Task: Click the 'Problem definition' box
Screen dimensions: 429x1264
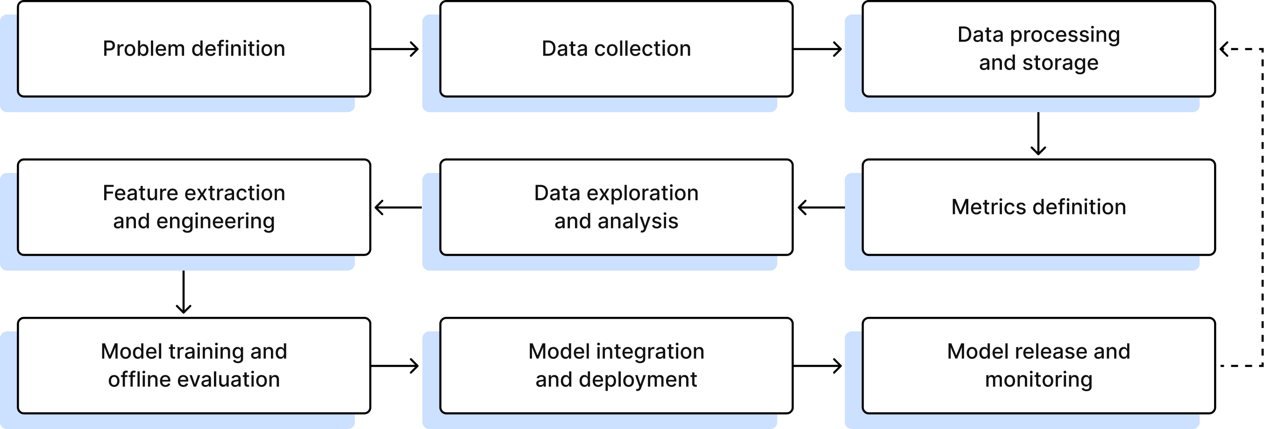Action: coord(193,49)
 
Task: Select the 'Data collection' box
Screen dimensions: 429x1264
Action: coord(616,49)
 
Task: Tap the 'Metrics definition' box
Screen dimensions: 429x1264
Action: coord(1038,207)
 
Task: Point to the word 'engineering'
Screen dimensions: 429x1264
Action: coord(215,222)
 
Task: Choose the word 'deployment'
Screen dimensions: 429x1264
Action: coord(638,380)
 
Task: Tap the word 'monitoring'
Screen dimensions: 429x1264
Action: coord(1038,380)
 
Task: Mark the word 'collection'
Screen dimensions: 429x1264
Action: coord(642,49)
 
